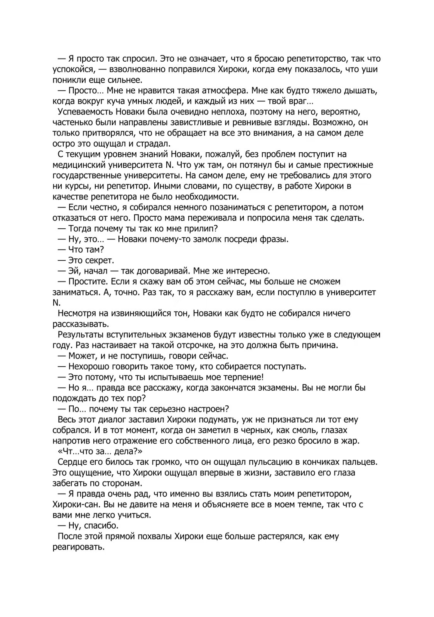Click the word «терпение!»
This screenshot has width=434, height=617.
point(243,377)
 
